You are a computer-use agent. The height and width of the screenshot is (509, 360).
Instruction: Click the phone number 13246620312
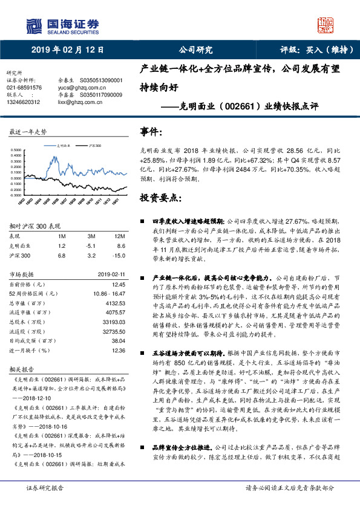pos(24,102)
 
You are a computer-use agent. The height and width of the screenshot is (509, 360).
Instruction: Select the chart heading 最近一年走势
pos(28,131)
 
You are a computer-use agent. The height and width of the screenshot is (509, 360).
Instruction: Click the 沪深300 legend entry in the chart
pos(93,146)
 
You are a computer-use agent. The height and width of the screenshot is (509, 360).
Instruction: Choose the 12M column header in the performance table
pos(119,236)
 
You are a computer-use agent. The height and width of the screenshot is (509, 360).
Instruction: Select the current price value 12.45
pos(118,284)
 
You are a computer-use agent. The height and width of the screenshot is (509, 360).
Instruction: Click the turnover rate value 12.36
pos(118,350)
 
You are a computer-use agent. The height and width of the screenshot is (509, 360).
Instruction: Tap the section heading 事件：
pos(152,132)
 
